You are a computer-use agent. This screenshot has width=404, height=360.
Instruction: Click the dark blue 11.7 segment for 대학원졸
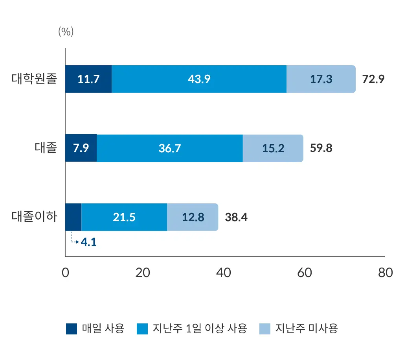[88, 79]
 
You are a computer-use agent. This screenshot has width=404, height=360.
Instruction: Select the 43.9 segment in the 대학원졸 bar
[199, 79]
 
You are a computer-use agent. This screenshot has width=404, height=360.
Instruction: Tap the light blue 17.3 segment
[321, 79]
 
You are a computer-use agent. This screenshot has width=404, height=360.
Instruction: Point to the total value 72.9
[373, 79]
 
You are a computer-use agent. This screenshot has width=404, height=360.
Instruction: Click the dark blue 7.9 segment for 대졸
[81, 148]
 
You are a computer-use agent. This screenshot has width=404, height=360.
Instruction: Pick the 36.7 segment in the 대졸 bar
[169, 148]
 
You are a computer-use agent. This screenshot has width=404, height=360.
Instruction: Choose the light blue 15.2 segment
[273, 148]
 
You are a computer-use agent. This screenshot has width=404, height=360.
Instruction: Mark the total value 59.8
[321, 148]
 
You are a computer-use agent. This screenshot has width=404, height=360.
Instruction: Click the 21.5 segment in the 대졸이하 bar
[124, 217]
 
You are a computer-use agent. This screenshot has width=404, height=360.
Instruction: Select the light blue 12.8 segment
[193, 217]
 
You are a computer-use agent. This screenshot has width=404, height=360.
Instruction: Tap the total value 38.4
[236, 217]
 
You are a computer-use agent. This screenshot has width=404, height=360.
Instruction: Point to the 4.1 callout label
[88, 242]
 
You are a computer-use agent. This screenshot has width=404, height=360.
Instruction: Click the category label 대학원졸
[35, 79]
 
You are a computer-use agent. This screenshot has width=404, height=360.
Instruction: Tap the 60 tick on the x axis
[305, 273]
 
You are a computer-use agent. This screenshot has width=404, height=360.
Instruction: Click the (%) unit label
[66, 32]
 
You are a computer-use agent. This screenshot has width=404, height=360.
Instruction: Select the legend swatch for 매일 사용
[72, 329]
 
